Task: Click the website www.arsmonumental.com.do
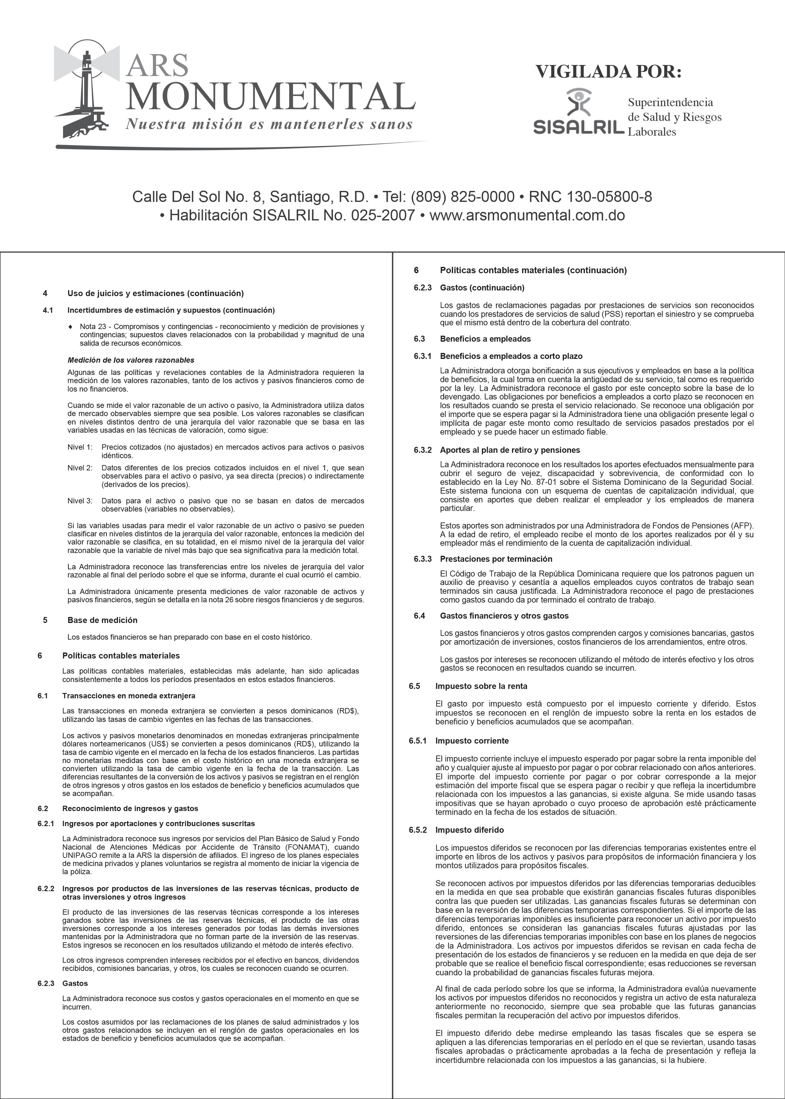527,215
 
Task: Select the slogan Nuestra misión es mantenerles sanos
269,124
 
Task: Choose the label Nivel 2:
80,468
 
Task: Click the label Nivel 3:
80,501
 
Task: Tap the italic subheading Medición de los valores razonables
131,360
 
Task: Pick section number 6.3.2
422,450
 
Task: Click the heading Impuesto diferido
469,830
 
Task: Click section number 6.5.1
418,740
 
